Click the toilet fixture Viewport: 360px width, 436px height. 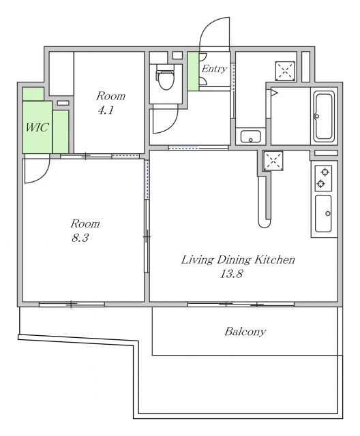click(x=165, y=77)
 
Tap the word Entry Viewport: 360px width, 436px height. click(x=214, y=69)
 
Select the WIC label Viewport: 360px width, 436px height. click(x=37, y=127)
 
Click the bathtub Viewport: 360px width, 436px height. click(x=324, y=116)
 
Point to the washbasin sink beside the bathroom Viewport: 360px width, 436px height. click(x=251, y=136)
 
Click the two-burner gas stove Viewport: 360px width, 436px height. click(x=323, y=178)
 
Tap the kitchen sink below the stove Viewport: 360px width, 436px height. click(x=323, y=213)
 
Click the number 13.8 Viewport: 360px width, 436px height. click(x=231, y=274)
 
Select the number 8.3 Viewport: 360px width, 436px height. click(x=80, y=238)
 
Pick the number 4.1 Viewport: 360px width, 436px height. click(x=106, y=110)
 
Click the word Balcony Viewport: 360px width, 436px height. click(x=245, y=332)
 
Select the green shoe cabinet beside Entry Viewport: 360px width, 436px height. click(x=193, y=71)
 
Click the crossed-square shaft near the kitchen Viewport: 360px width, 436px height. click(x=273, y=161)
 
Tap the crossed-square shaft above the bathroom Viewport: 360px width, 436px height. click(x=285, y=71)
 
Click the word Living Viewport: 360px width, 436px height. click(x=197, y=260)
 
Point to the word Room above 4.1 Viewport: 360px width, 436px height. click(x=110, y=96)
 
